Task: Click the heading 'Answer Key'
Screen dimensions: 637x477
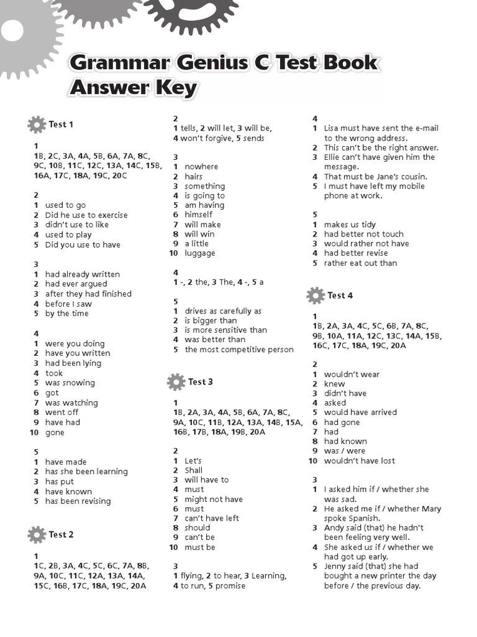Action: [133, 88]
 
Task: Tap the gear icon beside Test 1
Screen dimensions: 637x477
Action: [37, 124]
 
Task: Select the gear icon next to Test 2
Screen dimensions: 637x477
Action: [37, 534]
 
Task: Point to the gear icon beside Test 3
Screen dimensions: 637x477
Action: [176, 381]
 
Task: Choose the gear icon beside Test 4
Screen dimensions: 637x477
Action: [316, 295]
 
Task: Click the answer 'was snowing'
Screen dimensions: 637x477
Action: [70, 383]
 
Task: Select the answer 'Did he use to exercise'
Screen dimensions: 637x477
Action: [86, 215]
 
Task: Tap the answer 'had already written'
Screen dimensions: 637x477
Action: [83, 274]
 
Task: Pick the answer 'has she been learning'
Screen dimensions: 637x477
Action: [86, 472]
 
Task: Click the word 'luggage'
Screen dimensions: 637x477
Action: [200, 253]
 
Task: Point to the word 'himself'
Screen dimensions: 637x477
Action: [199, 215]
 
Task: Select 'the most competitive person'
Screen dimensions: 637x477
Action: [239, 350]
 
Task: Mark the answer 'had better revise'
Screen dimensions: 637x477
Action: [356, 253]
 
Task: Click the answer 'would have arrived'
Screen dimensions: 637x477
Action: [360, 412]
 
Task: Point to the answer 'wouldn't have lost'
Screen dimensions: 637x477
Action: [360, 461]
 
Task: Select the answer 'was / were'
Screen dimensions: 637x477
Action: [345, 451]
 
